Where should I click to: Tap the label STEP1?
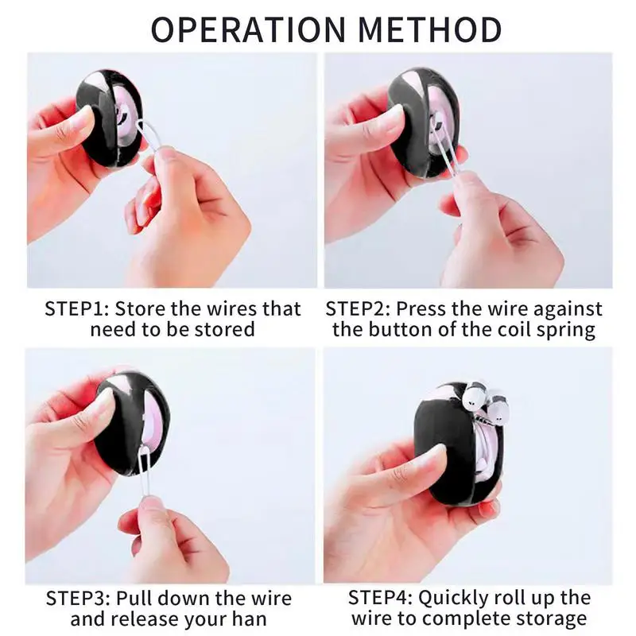click(x=77, y=308)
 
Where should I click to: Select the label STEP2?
click(x=358, y=308)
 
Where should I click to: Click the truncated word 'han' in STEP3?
click(x=249, y=619)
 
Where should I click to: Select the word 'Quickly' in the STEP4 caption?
click(x=458, y=598)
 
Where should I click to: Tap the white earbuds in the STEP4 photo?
click(x=484, y=401)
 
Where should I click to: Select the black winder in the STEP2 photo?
click(x=421, y=119)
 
